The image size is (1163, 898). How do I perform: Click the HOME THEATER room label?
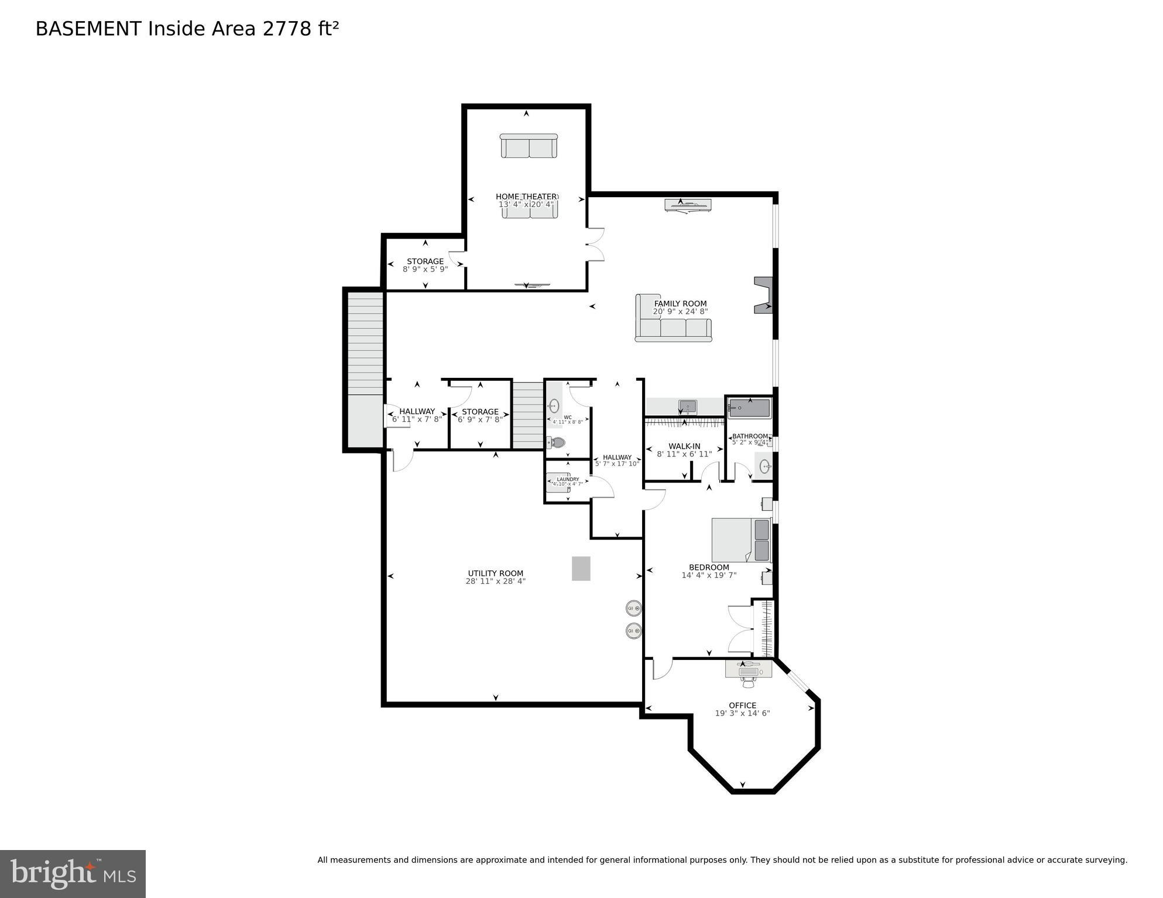point(526,197)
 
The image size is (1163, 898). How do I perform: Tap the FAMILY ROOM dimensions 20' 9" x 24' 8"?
point(680,312)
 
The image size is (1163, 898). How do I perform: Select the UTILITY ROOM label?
point(495,573)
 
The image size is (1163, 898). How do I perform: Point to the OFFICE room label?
point(742,705)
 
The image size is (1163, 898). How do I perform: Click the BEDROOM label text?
point(709,567)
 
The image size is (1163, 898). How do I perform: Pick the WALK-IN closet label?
point(684,446)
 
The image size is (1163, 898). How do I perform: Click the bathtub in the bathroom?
point(750,408)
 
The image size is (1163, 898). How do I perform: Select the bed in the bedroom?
point(740,540)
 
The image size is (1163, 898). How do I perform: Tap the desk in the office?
point(748,668)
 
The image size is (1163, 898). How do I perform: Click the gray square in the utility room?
point(581,568)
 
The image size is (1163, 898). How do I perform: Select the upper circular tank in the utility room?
point(633,608)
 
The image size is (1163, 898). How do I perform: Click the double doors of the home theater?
point(595,244)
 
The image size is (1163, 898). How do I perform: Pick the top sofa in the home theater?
point(529,146)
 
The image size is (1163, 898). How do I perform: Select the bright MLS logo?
point(73,873)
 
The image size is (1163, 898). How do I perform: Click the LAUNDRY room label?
point(568,479)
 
